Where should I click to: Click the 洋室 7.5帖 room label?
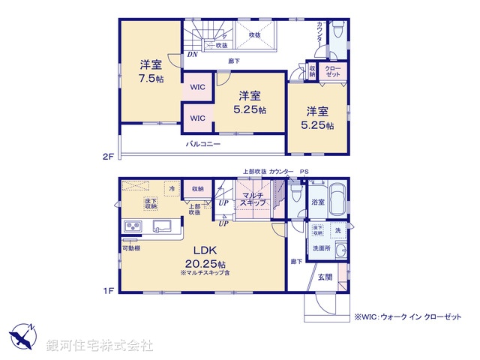pos(150,71)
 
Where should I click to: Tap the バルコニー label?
pos(203,143)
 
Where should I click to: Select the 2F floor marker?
pos(108,157)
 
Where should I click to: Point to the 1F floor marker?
pos(108,291)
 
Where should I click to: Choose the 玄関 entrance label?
pos(325,277)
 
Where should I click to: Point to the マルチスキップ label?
pos(251,199)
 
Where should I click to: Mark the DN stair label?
pos(192,54)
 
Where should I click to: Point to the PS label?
pos(304,172)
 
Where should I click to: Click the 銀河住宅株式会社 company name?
pos(100,346)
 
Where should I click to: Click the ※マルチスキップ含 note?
pos(207,274)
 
